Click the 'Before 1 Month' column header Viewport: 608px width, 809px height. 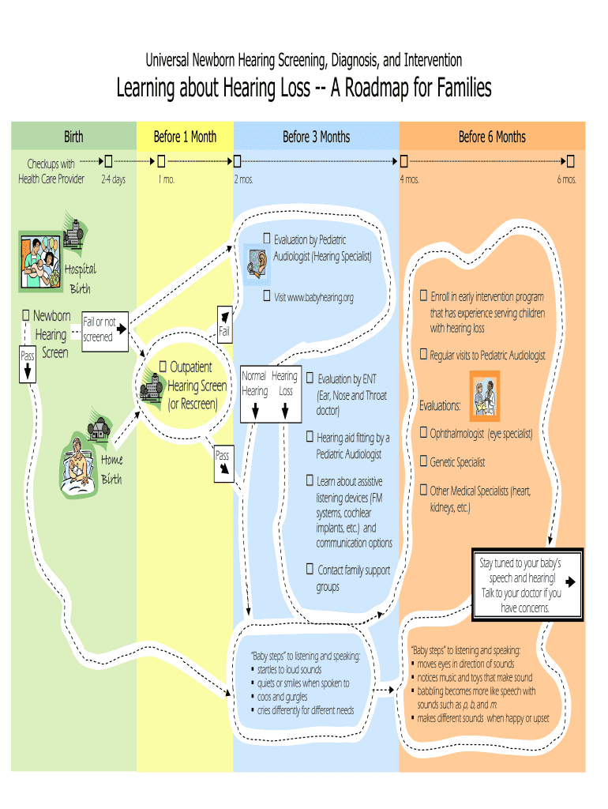185,137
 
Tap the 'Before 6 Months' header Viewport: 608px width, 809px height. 492,137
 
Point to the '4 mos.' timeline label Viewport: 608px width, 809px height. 409,179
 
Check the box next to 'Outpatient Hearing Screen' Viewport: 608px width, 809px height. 163,367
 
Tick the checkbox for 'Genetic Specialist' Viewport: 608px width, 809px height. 423,461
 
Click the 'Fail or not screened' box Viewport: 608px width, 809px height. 99,329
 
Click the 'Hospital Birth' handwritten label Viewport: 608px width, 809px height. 80,278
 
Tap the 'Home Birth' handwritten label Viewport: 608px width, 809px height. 111,468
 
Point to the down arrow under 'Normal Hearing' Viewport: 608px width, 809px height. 255,411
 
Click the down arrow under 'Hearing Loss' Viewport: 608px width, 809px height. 286,411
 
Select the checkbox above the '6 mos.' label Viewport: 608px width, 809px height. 570,161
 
